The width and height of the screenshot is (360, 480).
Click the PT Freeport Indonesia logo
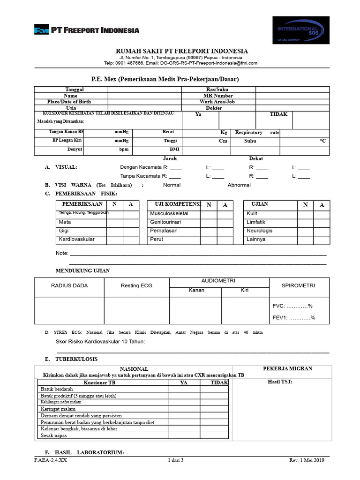point(86,30)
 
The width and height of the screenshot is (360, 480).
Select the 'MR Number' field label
point(217,96)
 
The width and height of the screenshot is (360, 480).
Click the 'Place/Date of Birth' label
point(69,102)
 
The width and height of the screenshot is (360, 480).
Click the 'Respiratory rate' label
point(257,133)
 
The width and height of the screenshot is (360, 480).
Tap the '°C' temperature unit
point(322,141)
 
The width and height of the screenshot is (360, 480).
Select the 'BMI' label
point(174,150)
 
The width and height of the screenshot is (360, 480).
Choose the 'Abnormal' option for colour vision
point(239,185)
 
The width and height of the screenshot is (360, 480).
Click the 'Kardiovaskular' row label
point(77,239)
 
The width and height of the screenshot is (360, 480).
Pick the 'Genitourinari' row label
point(165,222)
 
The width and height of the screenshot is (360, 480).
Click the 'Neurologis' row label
point(259,231)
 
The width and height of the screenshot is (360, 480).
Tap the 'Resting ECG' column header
point(136,285)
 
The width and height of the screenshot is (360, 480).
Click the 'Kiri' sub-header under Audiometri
point(244,291)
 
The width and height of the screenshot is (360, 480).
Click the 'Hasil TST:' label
point(280,382)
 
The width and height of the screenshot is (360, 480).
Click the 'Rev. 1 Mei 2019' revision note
point(306,460)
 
